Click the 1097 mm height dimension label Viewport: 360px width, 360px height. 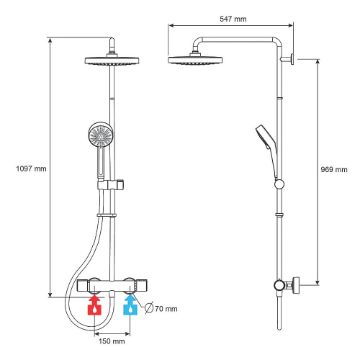point(31,169)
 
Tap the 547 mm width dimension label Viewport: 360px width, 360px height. point(233,19)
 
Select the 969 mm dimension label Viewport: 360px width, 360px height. point(334,169)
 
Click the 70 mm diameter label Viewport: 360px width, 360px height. point(166,309)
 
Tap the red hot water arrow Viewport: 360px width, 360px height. point(95,305)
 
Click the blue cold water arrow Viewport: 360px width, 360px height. point(131,305)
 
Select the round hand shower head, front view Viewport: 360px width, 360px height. point(99,134)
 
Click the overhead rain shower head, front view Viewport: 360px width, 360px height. point(112,61)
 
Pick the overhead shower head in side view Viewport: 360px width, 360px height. point(195,60)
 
